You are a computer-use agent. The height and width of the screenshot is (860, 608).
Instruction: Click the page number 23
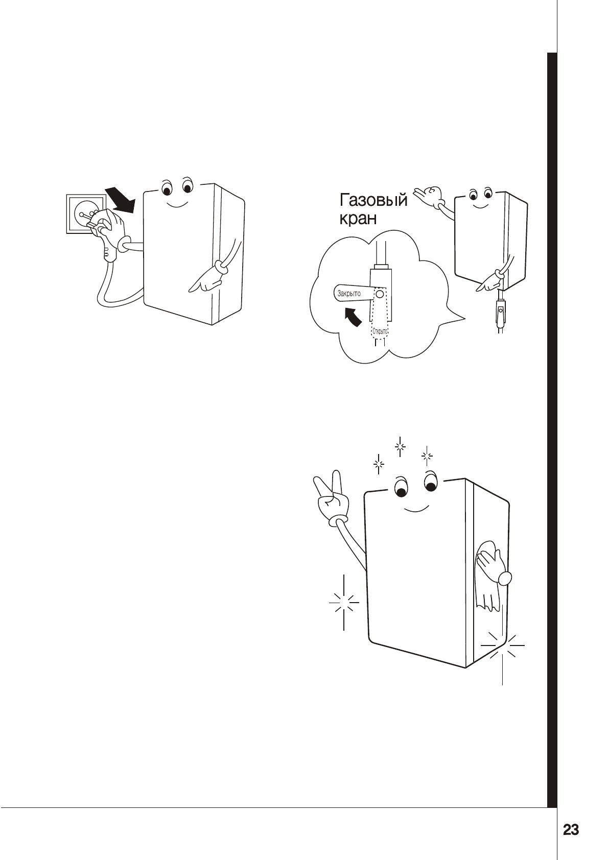click(571, 830)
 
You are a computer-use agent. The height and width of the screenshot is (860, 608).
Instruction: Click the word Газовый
click(373, 200)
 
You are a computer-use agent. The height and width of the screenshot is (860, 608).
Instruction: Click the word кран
click(358, 220)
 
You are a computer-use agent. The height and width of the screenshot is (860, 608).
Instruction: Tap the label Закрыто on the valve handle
click(349, 294)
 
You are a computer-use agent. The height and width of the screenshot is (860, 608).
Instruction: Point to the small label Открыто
click(380, 331)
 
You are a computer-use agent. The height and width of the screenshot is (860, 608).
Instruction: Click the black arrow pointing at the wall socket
click(120, 200)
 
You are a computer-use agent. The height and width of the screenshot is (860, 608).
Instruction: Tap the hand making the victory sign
click(331, 495)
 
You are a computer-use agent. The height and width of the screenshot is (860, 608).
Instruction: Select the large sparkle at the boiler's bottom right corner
click(503, 646)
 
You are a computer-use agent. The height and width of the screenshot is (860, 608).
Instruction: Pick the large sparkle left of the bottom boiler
click(344, 603)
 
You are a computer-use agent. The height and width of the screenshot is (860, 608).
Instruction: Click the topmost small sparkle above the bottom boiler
click(400, 447)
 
